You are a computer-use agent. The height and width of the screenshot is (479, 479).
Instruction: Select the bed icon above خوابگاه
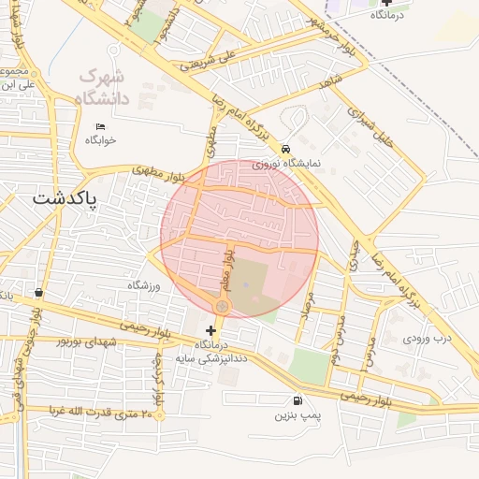[x=100, y=127]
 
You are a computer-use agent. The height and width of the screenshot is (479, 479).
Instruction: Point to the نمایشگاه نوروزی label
[x=285, y=164]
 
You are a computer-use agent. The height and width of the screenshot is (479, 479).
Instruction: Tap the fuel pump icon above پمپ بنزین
[x=298, y=399]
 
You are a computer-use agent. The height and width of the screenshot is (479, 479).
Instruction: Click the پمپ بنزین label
[x=298, y=413]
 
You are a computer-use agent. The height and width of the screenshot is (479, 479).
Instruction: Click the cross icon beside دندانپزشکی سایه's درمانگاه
[x=210, y=330]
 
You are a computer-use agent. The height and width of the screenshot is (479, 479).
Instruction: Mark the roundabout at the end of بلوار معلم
[x=223, y=306]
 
